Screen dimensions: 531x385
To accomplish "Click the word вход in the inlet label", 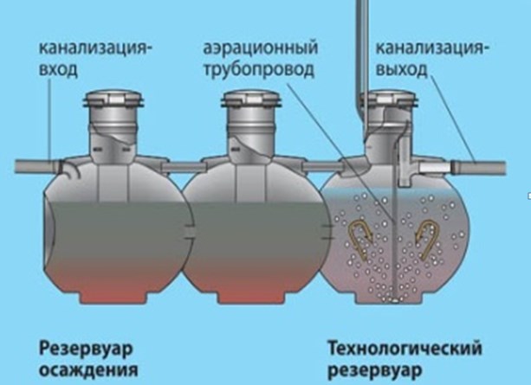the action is click(x=58, y=70).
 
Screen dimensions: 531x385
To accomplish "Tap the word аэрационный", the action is click(x=261, y=48).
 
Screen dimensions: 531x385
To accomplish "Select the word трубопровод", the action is click(x=259, y=70).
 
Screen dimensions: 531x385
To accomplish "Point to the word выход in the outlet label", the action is click(x=401, y=69).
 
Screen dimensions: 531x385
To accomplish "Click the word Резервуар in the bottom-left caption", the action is click(x=86, y=350).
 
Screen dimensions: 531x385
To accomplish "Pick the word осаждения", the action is click(x=88, y=369).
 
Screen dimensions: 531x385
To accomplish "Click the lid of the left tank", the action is click(x=113, y=98).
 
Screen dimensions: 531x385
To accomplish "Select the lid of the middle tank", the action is click(x=251, y=98).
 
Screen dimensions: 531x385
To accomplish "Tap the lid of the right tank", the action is click(x=390, y=98).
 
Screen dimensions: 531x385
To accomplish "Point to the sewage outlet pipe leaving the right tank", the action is click(x=478, y=167).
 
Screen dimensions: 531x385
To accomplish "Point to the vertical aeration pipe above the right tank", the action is click(x=362, y=51).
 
